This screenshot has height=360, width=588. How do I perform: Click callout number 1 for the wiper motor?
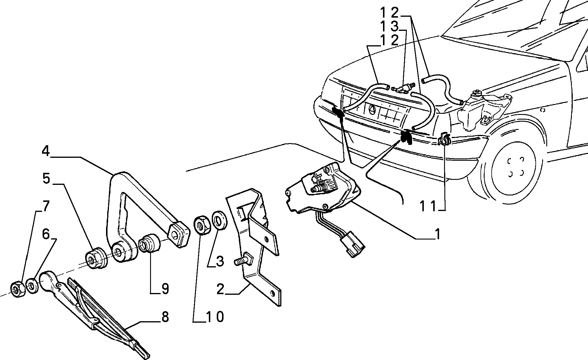437,234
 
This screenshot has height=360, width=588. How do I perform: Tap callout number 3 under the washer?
220,261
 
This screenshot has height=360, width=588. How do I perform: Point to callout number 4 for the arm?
46,151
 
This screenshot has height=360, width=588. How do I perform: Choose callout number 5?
46,179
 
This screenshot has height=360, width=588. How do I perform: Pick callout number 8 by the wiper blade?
165,317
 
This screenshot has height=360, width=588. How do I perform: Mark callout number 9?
165,289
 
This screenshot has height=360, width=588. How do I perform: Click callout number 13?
390,26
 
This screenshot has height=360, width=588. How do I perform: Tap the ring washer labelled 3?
219,220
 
